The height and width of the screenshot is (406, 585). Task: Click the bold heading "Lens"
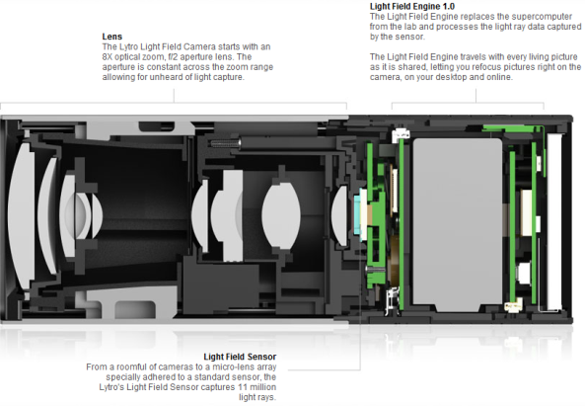(x=111, y=37)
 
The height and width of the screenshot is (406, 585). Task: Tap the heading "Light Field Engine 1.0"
(x=412, y=6)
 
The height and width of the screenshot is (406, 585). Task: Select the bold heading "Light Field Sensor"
(x=240, y=357)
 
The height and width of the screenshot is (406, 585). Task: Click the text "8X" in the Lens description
(x=108, y=56)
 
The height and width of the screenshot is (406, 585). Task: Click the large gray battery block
(x=458, y=225)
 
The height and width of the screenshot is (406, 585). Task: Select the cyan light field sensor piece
(x=362, y=213)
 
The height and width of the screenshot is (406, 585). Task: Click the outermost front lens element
(x=22, y=216)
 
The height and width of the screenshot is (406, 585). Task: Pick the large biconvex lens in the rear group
(x=281, y=214)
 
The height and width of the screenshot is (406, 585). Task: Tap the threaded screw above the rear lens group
(x=225, y=143)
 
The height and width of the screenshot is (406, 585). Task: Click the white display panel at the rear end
(x=554, y=222)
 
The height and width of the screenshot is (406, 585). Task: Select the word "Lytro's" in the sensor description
(x=111, y=387)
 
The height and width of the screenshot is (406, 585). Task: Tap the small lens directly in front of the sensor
(x=340, y=216)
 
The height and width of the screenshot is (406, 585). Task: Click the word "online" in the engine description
(x=498, y=77)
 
